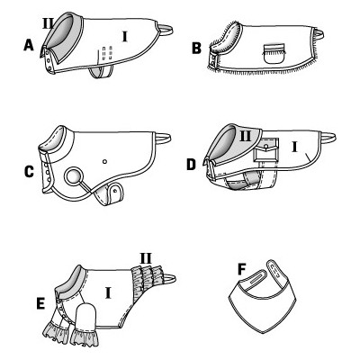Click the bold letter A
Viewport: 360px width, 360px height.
point(29,46)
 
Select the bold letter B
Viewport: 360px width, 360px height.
point(197,49)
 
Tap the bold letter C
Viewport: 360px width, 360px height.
point(29,172)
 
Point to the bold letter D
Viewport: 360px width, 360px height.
point(191,165)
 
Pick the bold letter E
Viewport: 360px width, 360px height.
point(40,303)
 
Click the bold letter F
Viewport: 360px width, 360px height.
point(242,269)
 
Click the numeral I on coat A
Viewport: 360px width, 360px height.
point(125,37)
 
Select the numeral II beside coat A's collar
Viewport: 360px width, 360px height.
point(48,23)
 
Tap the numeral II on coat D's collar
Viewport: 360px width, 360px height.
point(246,137)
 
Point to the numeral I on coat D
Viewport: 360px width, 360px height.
point(294,147)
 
